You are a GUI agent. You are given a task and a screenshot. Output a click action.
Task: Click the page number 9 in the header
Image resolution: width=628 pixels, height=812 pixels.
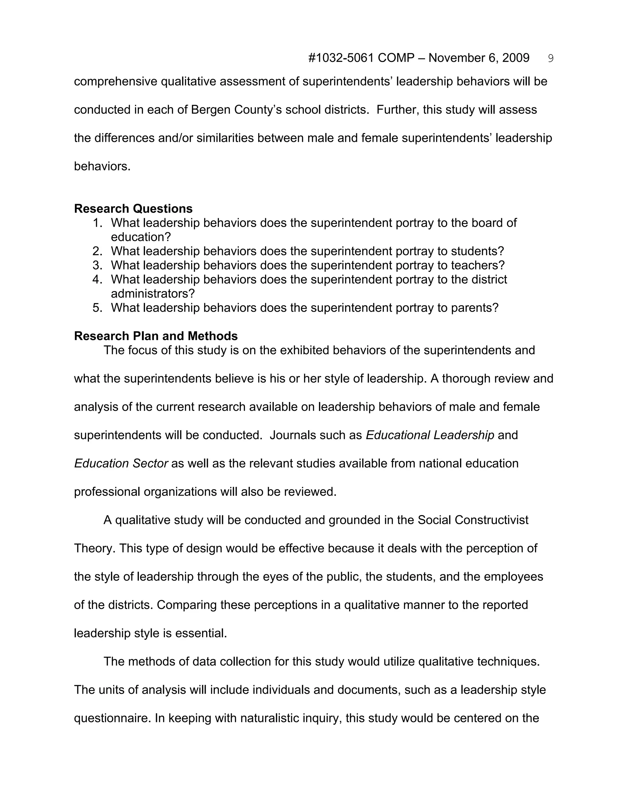tap(551, 58)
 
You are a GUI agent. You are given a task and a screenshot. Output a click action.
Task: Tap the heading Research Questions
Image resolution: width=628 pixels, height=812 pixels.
tap(133, 209)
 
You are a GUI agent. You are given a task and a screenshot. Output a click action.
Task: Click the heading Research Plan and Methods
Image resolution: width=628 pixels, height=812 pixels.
tap(155, 336)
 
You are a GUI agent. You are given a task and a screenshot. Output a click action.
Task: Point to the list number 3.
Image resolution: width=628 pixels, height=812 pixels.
tap(97, 265)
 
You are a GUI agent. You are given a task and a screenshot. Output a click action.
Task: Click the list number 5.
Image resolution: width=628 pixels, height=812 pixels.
tap(97, 308)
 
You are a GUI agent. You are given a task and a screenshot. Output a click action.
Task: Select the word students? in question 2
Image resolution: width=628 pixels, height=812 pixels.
tap(477, 251)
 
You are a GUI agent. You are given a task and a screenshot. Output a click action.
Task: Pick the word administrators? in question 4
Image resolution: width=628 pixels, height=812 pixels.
tap(152, 294)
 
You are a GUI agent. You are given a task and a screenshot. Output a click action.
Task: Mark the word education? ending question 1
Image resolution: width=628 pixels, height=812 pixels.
tap(141, 237)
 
